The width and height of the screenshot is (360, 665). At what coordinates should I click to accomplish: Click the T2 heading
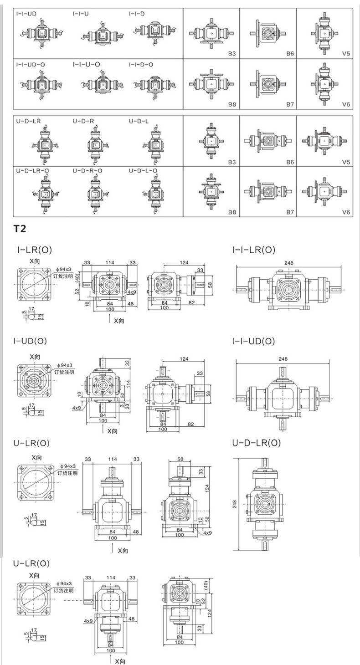[x=20, y=228]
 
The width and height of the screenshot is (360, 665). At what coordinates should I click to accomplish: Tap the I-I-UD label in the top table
[x=26, y=14]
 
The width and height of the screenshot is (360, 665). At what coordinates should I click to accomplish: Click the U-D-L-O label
[x=143, y=170]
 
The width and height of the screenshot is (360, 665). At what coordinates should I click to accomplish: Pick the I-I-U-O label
[x=86, y=64]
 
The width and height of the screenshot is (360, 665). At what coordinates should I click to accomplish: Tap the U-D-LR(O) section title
[x=256, y=442]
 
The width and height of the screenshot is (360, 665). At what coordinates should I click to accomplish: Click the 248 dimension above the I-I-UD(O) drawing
[x=283, y=358]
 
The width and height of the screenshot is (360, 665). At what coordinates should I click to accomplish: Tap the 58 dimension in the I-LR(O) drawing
[x=209, y=285]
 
